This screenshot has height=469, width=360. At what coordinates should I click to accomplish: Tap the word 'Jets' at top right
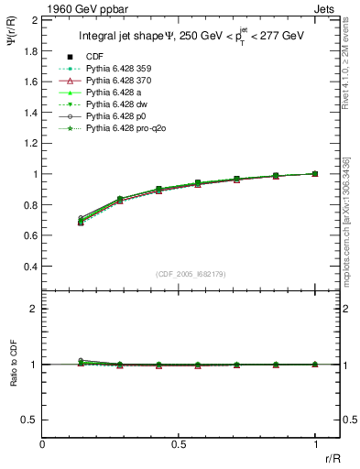pyautogui.click(x=326, y=8)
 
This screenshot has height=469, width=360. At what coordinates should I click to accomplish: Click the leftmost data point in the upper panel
pyautogui.click(x=82, y=221)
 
